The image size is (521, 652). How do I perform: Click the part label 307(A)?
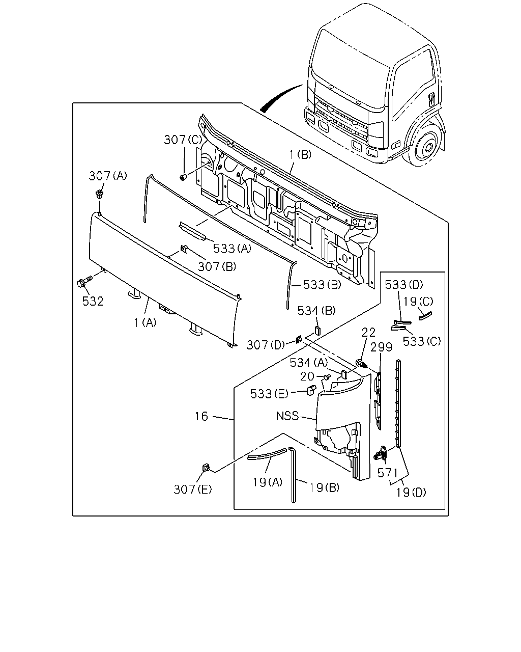pyautogui.click(x=108, y=175)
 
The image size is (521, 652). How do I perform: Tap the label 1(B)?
pyautogui.click(x=300, y=155)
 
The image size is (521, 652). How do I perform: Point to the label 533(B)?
pyautogui.click(x=322, y=285)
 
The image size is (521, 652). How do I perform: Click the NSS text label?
pyautogui.click(x=287, y=416)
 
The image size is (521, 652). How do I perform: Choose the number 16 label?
pyautogui.click(x=201, y=416)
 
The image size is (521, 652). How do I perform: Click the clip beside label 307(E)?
pyautogui.click(x=207, y=468)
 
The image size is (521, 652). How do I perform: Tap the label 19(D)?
pyautogui.click(x=411, y=493)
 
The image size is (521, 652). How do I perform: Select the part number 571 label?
pyautogui.click(x=388, y=473)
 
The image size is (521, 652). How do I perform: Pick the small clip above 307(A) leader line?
pyautogui.click(x=99, y=193)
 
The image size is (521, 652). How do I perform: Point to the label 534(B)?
pyautogui.click(x=316, y=311)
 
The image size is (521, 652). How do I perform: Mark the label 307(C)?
pyautogui.click(x=183, y=140)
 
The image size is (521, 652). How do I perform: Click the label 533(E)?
pyautogui.click(x=269, y=394)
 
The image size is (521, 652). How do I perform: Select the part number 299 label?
pyautogui.click(x=381, y=347)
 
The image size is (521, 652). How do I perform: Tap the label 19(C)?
pyautogui.click(x=418, y=301)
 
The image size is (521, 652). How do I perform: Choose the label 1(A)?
pyautogui.click(x=146, y=323)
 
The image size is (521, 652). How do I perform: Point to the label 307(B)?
pyautogui.click(x=217, y=266)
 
